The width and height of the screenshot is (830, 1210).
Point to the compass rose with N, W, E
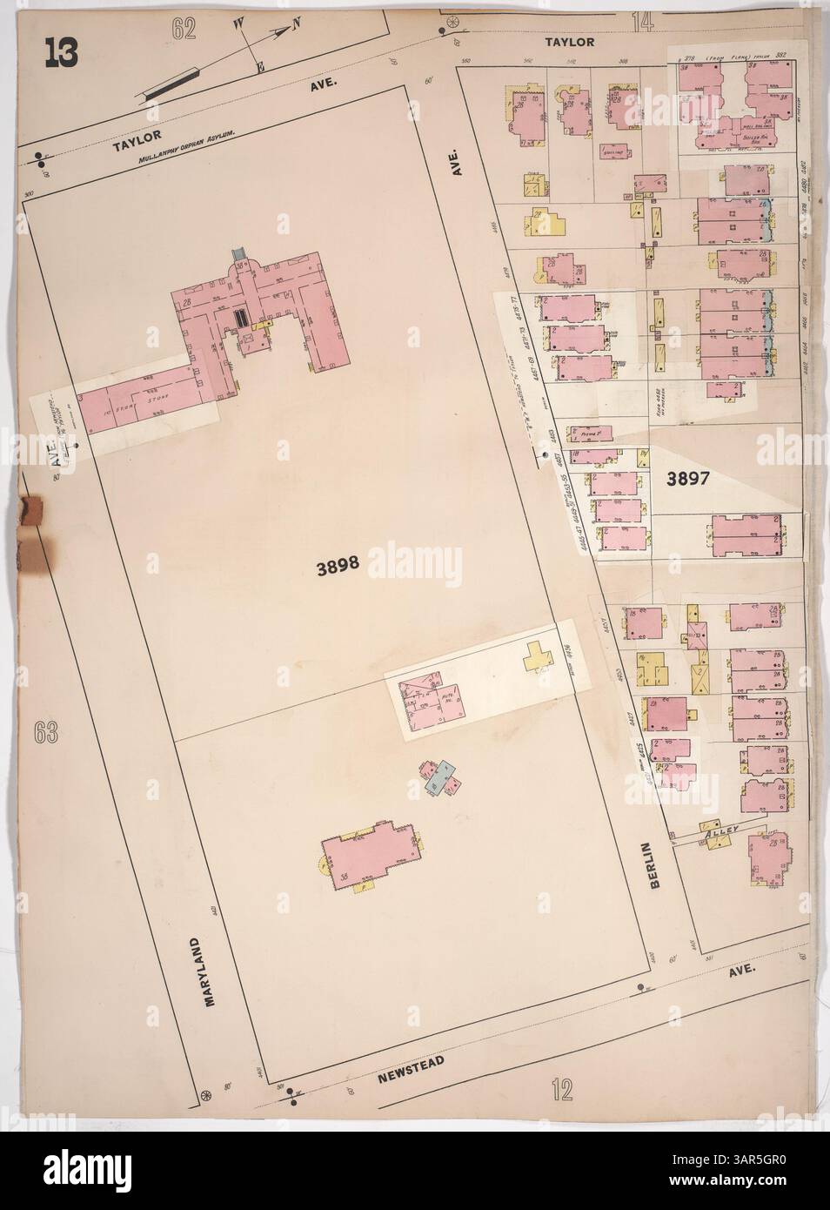(x=271, y=37)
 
